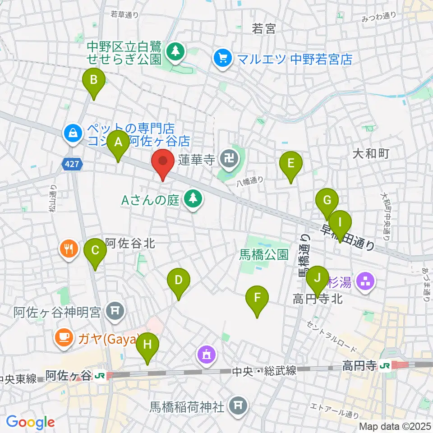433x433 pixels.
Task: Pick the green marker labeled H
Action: pos(148,347)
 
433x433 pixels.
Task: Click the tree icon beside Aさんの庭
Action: pos(193,198)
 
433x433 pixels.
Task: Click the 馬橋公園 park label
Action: pos(264,255)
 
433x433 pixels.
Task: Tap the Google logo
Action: pos(30,422)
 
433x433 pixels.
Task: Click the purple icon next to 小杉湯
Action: pos(364,283)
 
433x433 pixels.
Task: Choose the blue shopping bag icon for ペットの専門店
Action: pos(73,133)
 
